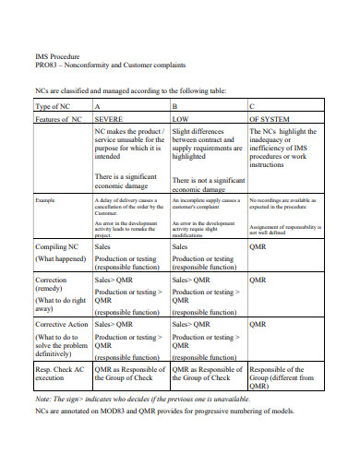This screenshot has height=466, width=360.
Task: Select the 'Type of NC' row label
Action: tap(57, 106)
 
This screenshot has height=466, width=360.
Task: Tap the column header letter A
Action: tap(98, 106)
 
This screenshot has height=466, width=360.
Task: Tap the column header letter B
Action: tap(175, 106)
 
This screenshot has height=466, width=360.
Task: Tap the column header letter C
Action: tap(253, 106)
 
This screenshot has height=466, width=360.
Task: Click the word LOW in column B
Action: tap(182, 119)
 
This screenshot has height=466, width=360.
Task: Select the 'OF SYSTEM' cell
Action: tap(274, 119)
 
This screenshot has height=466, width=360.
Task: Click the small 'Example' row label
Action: tap(45, 199)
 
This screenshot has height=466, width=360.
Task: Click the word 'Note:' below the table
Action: tap(43, 398)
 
